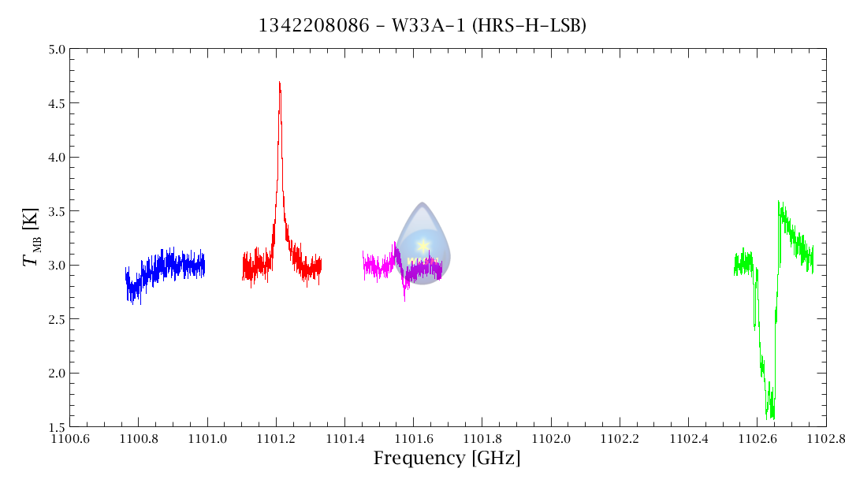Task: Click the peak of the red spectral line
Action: [279, 83]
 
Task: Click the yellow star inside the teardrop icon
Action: [423, 245]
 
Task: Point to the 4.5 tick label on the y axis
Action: [55, 103]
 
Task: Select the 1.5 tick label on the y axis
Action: [55, 426]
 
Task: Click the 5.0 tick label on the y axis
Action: [55, 50]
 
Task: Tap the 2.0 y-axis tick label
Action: [55, 373]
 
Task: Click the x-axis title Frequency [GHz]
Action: [447, 459]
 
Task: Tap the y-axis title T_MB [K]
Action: [33, 238]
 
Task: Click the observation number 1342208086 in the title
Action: [314, 26]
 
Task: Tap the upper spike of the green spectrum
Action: [779, 203]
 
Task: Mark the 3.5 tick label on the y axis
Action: [55, 211]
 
